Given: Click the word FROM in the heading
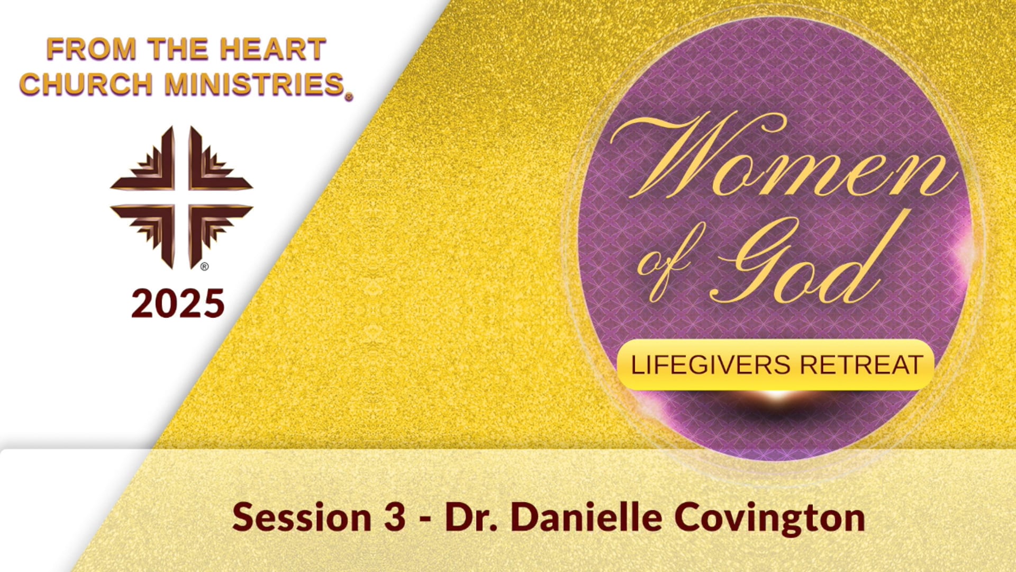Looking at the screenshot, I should tap(91, 49).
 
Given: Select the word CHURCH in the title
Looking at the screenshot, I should tap(86, 85).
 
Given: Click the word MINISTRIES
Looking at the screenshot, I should tap(255, 85).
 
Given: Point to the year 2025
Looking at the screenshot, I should tap(178, 304).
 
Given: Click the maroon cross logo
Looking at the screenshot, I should tap(181, 196).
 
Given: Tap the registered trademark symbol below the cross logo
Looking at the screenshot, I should tap(204, 267).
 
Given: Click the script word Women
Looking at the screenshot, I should tap(783, 159).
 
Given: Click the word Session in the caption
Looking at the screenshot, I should tap(302, 517).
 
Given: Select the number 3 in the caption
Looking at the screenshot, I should tap(394, 517).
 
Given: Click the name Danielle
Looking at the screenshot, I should tap(586, 517).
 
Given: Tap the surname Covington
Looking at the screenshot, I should tap(769, 517).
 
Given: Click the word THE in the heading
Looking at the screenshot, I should tap(178, 49).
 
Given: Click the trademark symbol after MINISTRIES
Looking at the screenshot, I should tap(348, 97).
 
